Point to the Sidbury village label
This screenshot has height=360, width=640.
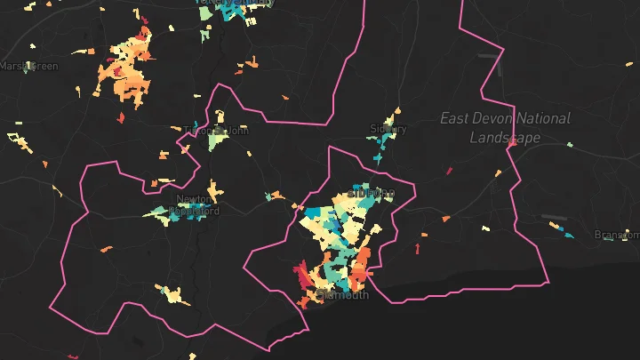(x=388, y=129)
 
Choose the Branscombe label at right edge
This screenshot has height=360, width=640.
(x=618, y=236)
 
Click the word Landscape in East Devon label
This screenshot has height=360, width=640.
(x=505, y=139)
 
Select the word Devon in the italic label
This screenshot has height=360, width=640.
(x=497, y=118)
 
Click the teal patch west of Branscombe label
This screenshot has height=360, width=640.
(x=570, y=236)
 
